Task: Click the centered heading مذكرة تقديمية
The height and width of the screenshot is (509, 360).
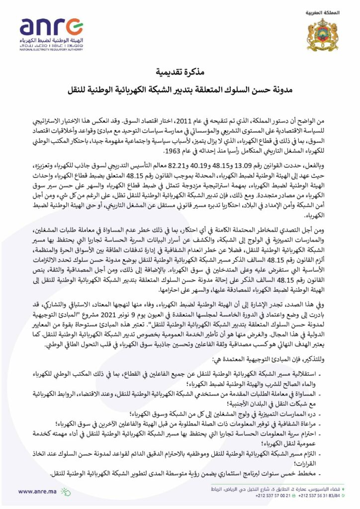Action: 180,71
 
